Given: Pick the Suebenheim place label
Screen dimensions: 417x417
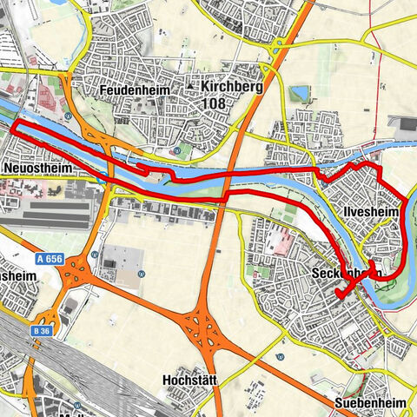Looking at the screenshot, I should click(x=372, y=403).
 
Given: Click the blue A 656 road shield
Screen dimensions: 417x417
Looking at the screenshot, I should click(x=50, y=258).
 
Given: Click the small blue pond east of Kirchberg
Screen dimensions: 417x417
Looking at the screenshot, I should click(x=301, y=93).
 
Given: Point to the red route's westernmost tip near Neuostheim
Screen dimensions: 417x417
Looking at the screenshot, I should click(x=12, y=127).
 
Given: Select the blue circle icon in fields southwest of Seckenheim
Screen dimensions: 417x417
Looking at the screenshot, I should click(x=280, y=355).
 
